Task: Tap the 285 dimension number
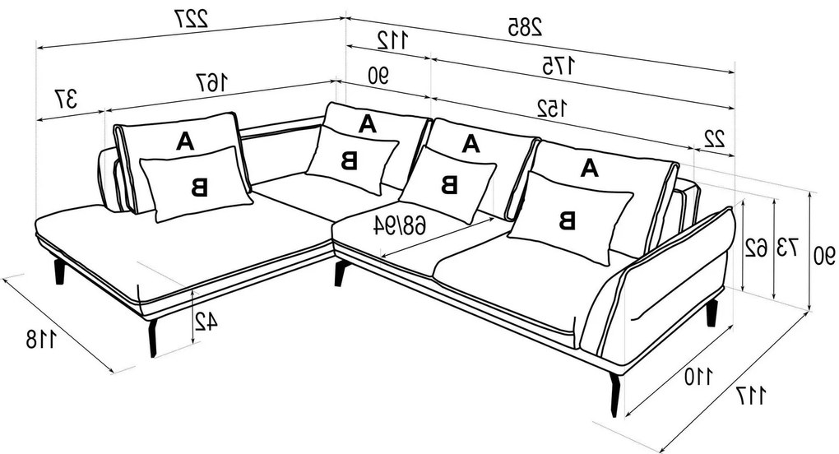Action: click(x=524, y=28)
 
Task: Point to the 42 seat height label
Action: click(x=206, y=322)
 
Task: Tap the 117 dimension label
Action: click(x=751, y=396)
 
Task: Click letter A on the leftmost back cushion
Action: click(x=185, y=141)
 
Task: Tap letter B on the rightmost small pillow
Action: click(x=567, y=220)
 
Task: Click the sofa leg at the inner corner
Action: click(x=340, y=273)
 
